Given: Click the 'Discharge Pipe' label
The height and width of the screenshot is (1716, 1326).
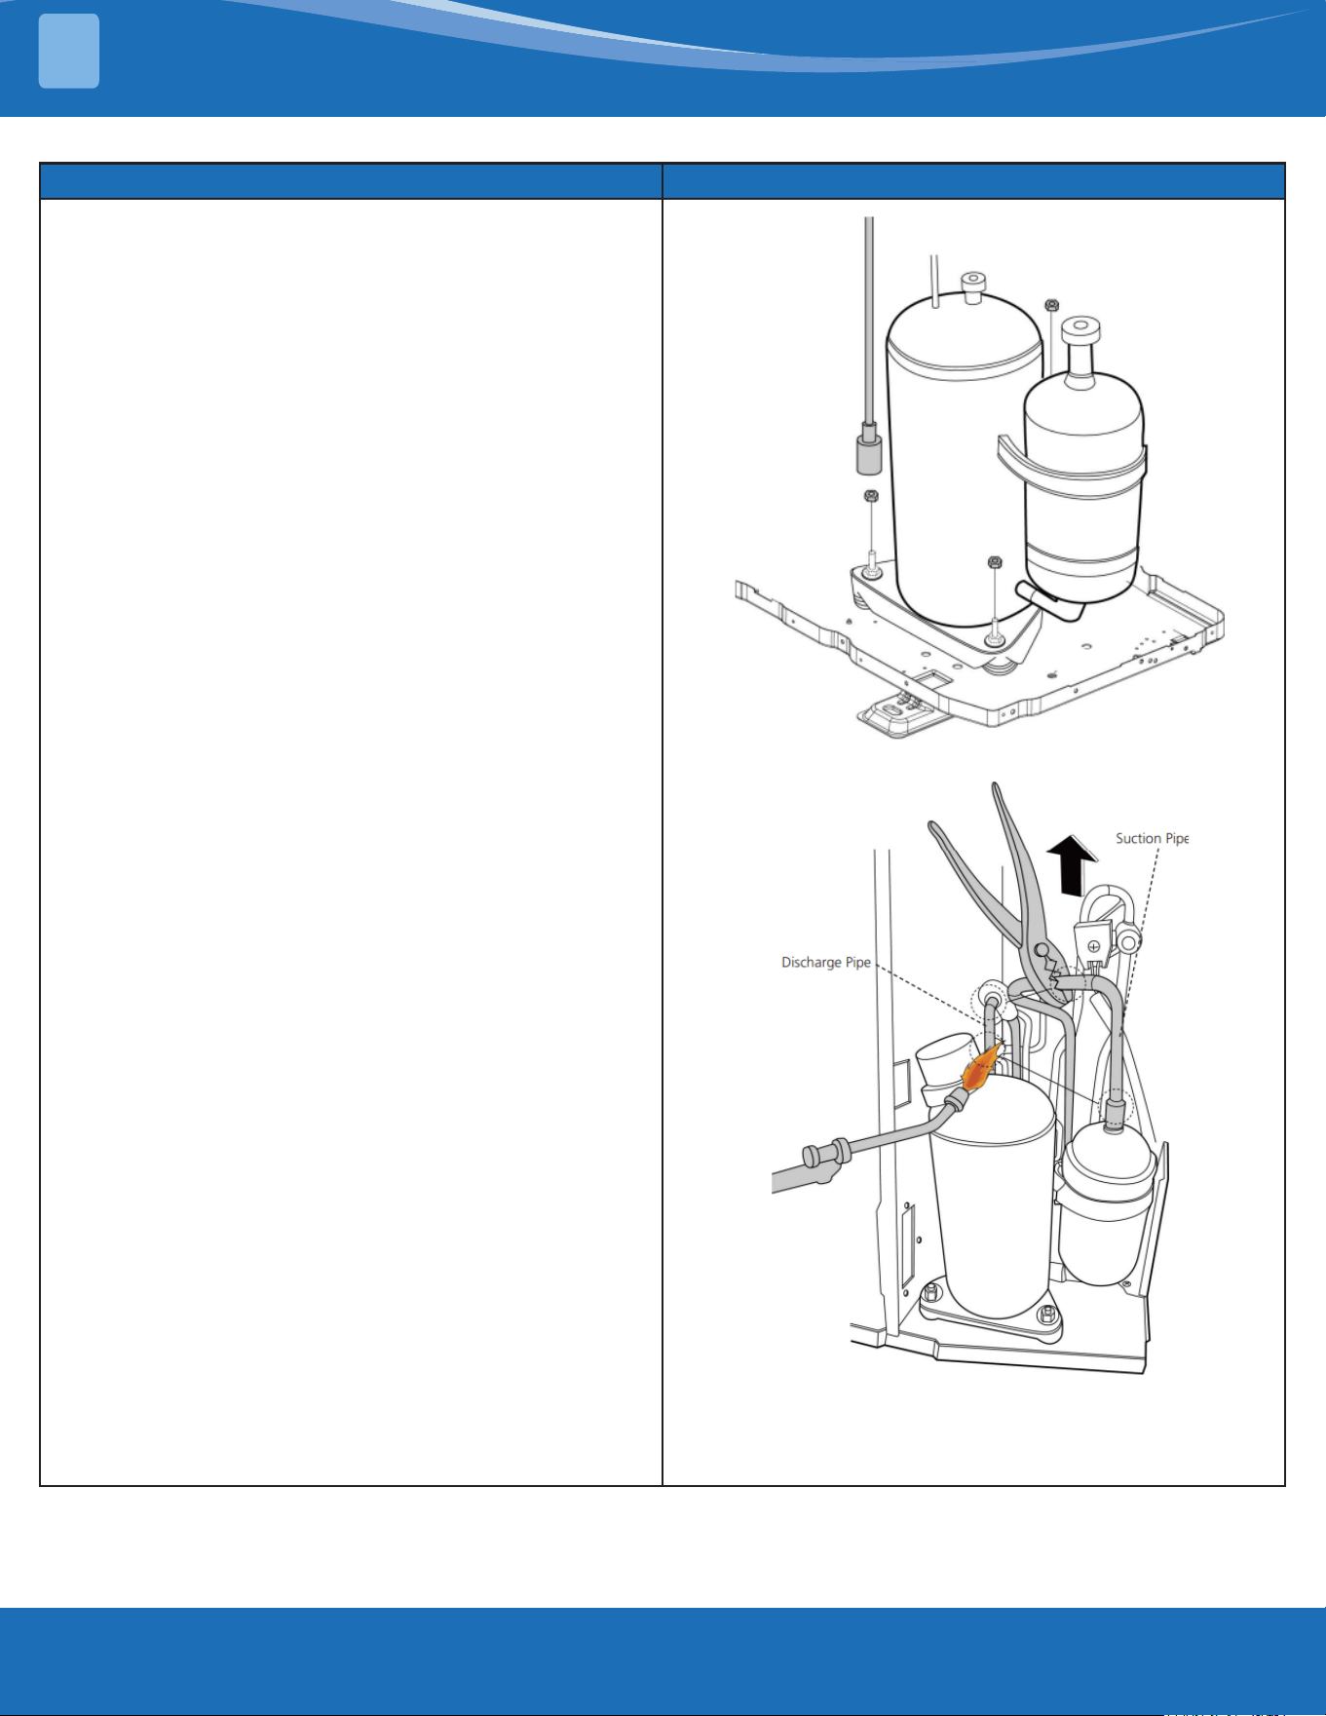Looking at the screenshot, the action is tap(826, 963).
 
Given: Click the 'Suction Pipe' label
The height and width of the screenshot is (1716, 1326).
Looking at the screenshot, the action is tap(1153, 839).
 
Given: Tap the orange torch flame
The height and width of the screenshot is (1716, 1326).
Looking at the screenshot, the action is tap(982, 1066).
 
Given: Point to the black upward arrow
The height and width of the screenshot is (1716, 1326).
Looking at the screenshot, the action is tap(1072, 865).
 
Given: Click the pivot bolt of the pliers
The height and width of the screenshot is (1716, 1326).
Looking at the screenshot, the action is tap(1042, 950).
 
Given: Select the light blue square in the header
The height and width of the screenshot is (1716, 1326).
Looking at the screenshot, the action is tap(69, 52).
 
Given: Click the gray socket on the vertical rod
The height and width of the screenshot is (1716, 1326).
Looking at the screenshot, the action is tap(869, 450).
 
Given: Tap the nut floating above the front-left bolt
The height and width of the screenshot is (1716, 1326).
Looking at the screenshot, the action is tap(872, 495).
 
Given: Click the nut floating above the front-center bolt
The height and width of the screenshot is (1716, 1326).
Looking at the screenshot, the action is tap(995, 562).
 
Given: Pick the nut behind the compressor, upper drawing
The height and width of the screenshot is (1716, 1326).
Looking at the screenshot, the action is tap(1051, 305).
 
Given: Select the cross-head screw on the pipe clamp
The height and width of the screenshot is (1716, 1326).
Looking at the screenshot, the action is tap(1094, 946).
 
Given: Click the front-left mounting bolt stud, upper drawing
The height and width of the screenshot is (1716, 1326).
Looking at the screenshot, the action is tap(872, 562).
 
